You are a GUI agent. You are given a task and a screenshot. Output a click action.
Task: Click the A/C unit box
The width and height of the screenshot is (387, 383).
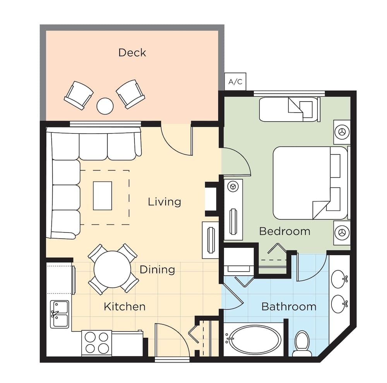coord(235,82)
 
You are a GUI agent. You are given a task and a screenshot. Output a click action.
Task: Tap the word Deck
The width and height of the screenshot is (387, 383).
coord(132,53)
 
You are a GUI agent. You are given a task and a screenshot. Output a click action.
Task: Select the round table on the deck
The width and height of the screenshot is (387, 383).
coord(105,106)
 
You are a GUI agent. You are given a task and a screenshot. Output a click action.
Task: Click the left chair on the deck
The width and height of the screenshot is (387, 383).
coord(79,95)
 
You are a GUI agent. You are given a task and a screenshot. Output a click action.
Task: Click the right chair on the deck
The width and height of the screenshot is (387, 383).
coord(131,94)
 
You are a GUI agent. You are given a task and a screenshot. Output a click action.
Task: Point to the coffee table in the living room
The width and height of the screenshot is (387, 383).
coord(103,196)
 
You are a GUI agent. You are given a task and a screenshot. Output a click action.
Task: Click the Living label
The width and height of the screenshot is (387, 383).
coord(164,202)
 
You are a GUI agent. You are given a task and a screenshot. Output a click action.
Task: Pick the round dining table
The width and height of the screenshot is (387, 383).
coord(113,269)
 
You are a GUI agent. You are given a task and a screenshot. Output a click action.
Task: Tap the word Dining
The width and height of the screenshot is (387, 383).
coord(157,269)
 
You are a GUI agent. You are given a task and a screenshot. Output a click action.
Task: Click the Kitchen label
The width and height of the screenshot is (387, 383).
coord(125,307)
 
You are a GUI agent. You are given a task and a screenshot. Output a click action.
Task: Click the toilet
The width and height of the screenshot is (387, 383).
coord(302,343)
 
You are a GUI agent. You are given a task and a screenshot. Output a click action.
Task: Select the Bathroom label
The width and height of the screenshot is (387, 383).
coord(289,307)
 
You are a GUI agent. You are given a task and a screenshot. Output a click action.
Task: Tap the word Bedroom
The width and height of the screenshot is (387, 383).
coord(284,232)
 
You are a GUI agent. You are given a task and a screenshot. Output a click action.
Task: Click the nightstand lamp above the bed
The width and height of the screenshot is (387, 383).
coord(342,132)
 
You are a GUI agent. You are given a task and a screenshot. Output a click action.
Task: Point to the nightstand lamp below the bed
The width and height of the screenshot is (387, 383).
coord(342,233)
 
